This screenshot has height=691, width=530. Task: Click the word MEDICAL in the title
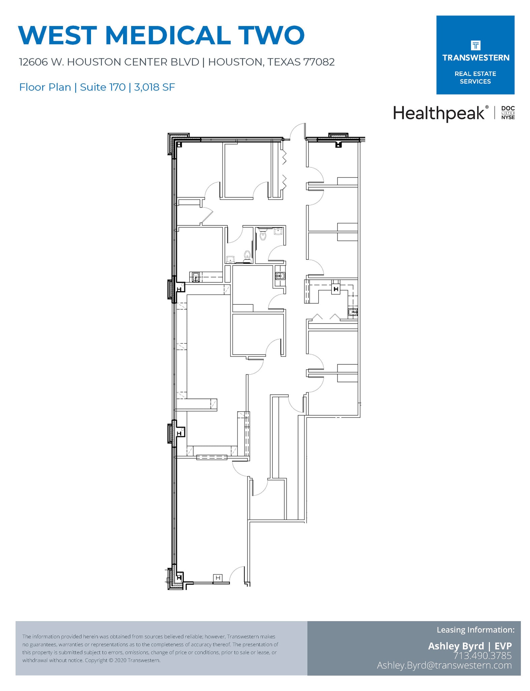pyautogui.click(x=168, y=35)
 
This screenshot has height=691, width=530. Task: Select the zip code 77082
pyautogui.click(x=319, y=62)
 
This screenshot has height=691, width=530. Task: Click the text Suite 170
pyautogui.click(x=102, y=87)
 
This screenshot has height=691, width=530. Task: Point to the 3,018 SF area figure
pyautogui.click(x=154, y=87)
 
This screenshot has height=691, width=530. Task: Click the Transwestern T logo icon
pyautogui.click(x=475, y=45)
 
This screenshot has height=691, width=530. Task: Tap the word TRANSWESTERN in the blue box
pyautogui.click(x=475, y=58)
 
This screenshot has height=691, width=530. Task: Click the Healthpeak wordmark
pyautogui.click(x=439, y=113)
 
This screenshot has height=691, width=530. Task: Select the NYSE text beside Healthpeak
pyautogui.click(x=508, y=117)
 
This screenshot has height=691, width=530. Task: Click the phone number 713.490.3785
pyautogui.click(x=482, y=656)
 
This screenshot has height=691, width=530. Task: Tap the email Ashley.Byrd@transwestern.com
pyautogui.click(x=444, y=665)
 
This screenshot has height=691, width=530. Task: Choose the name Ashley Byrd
pyautogui.click(x=455, y=646)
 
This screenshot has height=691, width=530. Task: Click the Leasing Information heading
pyautogui.click(x=475, y=630)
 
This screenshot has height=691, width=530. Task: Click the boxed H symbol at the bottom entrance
pyautogui.click(x=218, y=578)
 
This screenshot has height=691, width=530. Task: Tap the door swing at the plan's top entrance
pyautogui.click(x=297, y=131)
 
